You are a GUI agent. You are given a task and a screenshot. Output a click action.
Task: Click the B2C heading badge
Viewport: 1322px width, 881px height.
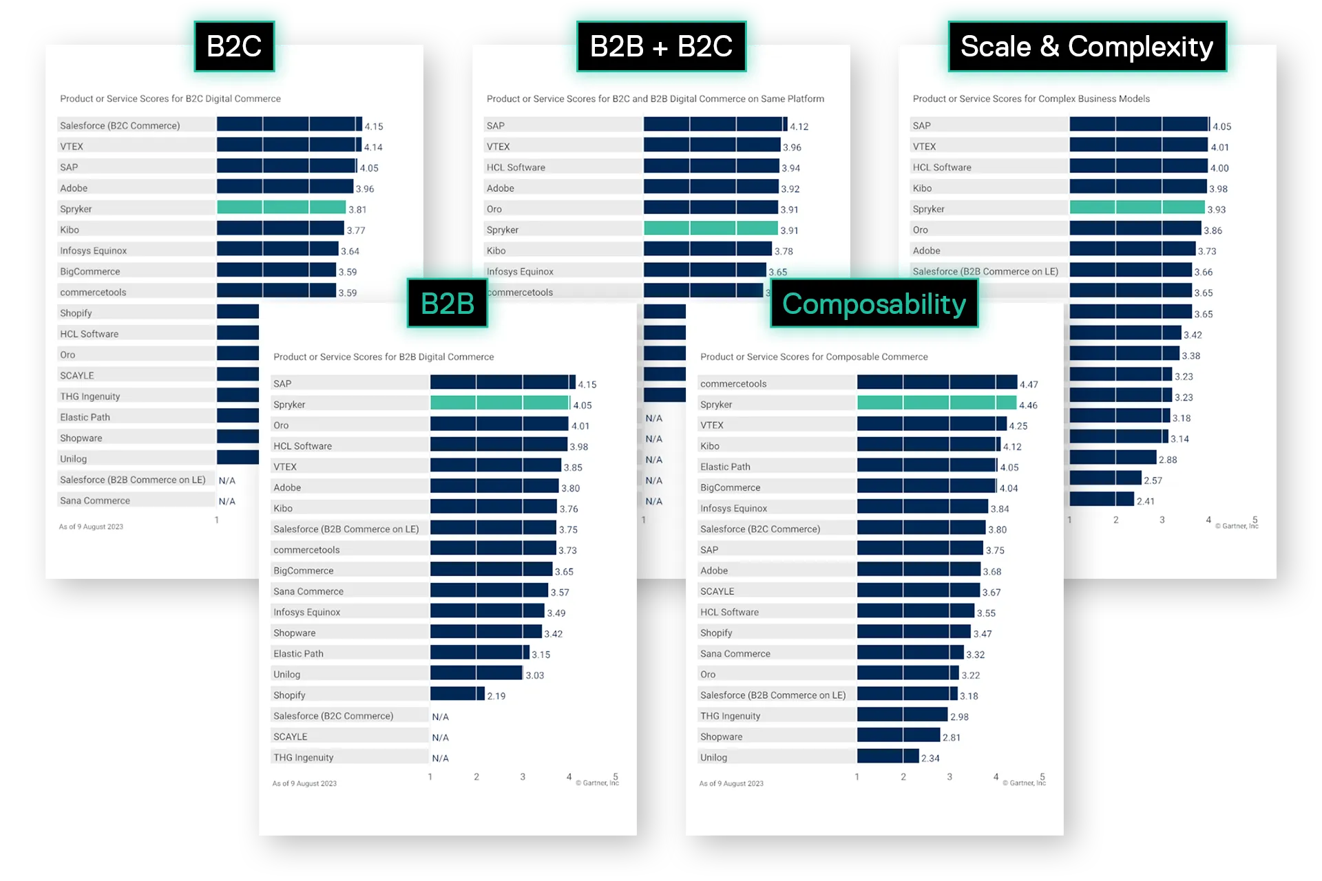(x=234, y=47)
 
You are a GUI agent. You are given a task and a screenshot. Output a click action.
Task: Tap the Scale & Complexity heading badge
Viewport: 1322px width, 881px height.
(x=1087, y=47)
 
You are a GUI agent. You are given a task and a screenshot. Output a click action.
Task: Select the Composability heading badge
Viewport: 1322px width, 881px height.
(x=874, y=304)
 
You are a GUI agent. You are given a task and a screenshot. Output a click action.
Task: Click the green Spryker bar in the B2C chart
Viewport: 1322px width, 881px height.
(x=281, y=208)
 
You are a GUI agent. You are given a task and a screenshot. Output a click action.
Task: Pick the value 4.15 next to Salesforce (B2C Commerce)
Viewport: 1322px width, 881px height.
(x=374, y=127)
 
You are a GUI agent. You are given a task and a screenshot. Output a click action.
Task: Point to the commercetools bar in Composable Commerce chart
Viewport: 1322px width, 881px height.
(x=936, y=383)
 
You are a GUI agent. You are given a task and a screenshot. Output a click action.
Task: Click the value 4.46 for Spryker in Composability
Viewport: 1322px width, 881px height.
(x=1028, y=405)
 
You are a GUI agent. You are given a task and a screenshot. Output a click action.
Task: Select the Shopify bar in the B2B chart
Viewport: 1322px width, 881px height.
(x=457, y=694)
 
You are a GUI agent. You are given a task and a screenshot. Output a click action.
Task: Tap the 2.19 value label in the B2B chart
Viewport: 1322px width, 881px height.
(x=496, y=696)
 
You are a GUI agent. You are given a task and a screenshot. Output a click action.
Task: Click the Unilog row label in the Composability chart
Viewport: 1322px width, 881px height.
(x=713, y=757)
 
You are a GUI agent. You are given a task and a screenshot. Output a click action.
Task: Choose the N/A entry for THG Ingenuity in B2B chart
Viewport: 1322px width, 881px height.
(x=441, y=758)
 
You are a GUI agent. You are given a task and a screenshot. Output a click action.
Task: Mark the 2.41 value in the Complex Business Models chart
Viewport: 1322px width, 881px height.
(x=1146, y=501)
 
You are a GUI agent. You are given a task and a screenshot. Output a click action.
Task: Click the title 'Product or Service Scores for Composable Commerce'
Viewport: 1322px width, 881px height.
(x=814, y=357)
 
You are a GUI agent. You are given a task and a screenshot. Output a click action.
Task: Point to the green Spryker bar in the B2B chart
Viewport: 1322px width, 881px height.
(x=500, y=403)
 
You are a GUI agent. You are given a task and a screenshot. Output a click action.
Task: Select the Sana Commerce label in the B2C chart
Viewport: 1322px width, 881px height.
(x=95, y=500)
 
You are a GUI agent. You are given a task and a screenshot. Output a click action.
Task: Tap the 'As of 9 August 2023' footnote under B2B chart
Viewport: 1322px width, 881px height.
(x=304, y=783)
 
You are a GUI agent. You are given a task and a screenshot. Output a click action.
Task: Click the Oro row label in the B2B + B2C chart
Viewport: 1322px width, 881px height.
(x=494, y=209)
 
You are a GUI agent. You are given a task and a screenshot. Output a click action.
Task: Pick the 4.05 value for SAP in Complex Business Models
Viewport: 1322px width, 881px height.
(x=1222, y=127)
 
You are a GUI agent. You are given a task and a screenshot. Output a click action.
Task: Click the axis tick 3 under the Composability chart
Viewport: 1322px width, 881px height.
(x=949, y=776)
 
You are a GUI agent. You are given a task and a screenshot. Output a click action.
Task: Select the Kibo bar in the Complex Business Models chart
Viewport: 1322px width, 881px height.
(x=1138, y=187)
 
